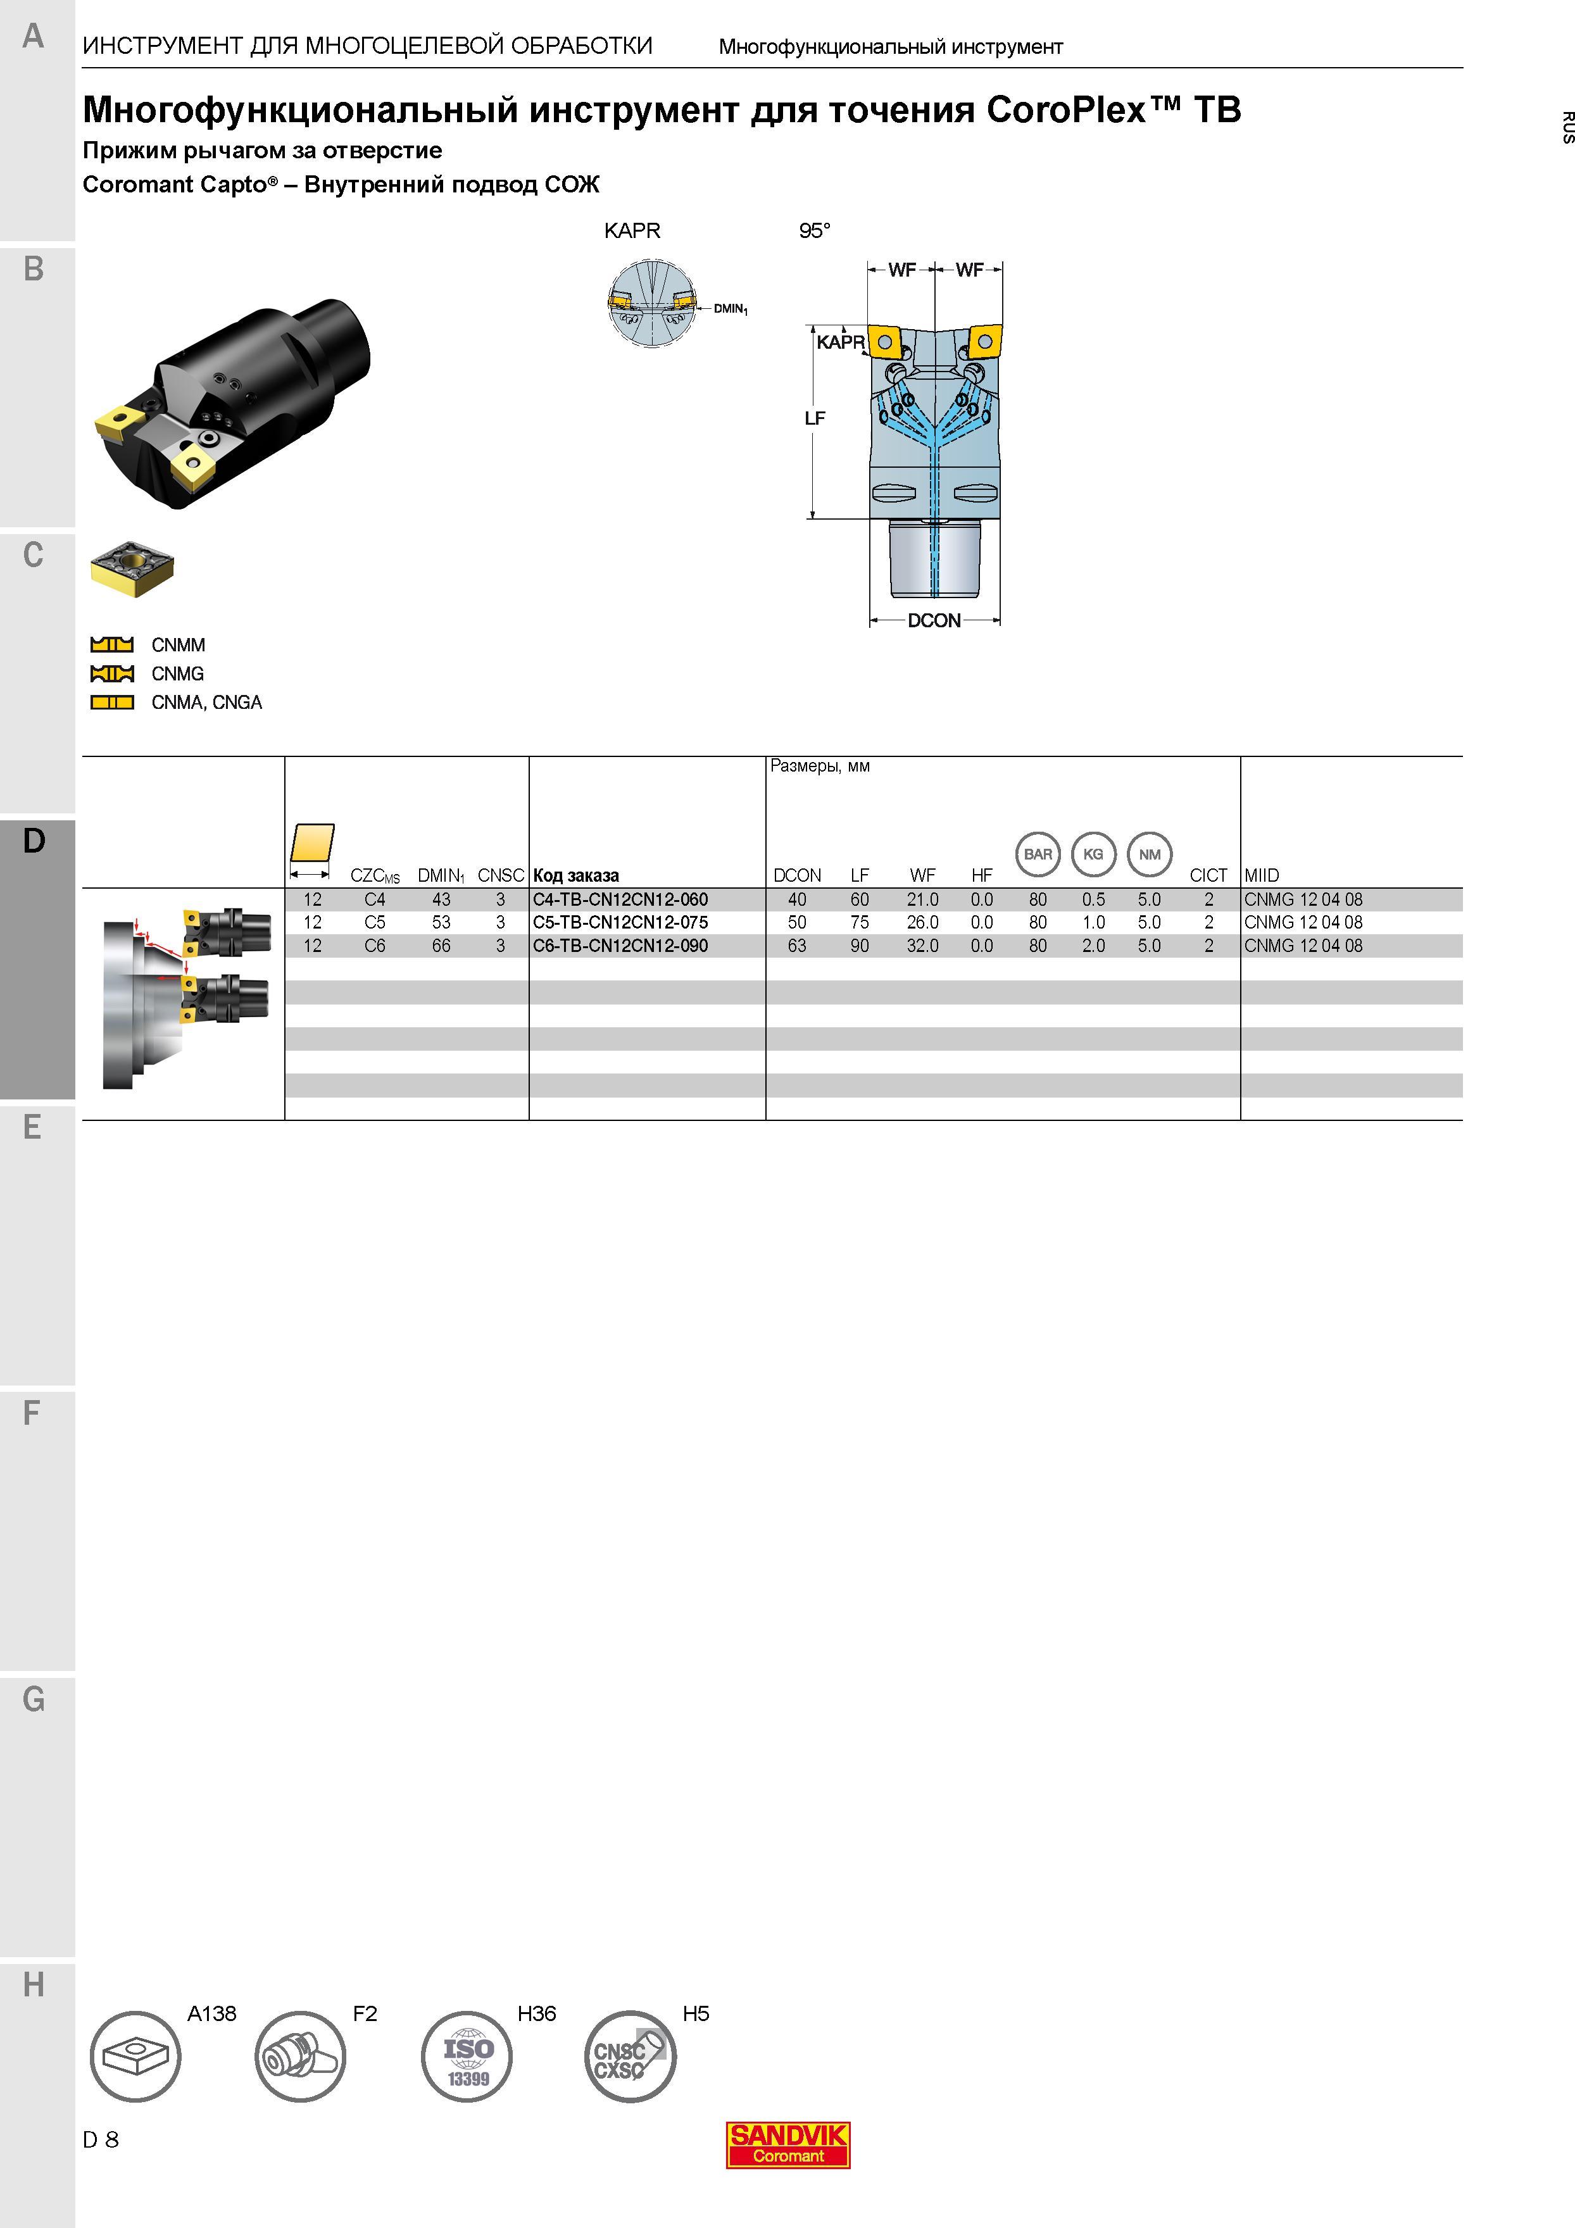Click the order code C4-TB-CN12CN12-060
(x=620, y=899)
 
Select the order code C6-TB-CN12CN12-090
(x=620, y=945)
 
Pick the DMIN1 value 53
(x=441, y=922)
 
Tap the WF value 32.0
(x=923, y=945)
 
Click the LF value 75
(x=860, y=922)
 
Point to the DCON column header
(x=797, y=875)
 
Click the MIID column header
(x=1262, y=875)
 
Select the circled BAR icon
(x=1038, y=854)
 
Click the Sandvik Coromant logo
(x=788, y=2144)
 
